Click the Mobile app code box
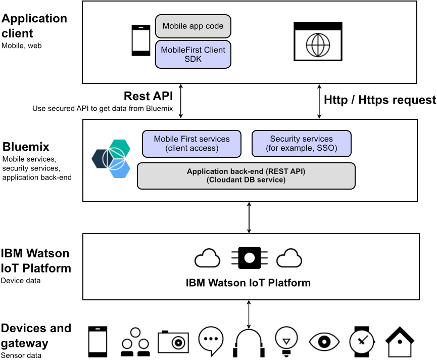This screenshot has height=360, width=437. pos(193,26)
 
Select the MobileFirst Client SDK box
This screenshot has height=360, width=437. pos(193,54)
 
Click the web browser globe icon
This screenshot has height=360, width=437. pos(318,42)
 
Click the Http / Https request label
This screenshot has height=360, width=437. pos(379,100)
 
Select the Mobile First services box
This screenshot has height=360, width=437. pos(191,144)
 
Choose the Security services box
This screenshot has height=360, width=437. pos(301,144)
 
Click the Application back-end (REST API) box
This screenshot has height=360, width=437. pos(246,175)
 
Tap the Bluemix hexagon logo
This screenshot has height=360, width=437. pos(111,159)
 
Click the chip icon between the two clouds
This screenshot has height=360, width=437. pos(249,258)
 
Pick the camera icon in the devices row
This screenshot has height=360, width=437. pos(173,342)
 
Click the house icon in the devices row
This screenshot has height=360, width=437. pos(401,342)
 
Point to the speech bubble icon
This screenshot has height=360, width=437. pos(211,340)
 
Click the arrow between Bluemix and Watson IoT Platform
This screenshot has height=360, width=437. pos(249,217)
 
